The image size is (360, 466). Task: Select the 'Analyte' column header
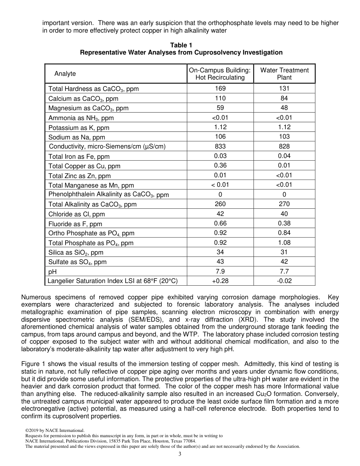(x=65, y=73)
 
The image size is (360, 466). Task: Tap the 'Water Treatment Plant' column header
(x=284, y=73)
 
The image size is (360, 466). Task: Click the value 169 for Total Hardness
(x=220, y=88)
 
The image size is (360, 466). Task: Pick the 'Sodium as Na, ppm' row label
(x=77, y=137)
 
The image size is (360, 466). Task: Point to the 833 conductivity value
(x=220, y=146)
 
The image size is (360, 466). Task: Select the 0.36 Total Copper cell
(x=220, y=166)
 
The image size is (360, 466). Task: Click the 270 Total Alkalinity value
(x=284, y=204)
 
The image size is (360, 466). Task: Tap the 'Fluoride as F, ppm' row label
(x=75, y=224)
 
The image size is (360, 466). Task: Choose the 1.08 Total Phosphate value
(x=284, y=242)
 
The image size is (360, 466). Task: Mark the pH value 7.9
(x=220, y=271)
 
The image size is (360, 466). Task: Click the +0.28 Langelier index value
(x=220, y=281)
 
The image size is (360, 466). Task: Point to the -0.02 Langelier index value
(x=284, y=281)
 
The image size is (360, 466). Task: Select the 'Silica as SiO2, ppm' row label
(x=76, y=252)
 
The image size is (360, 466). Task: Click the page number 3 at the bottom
(x=180, y=454)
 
